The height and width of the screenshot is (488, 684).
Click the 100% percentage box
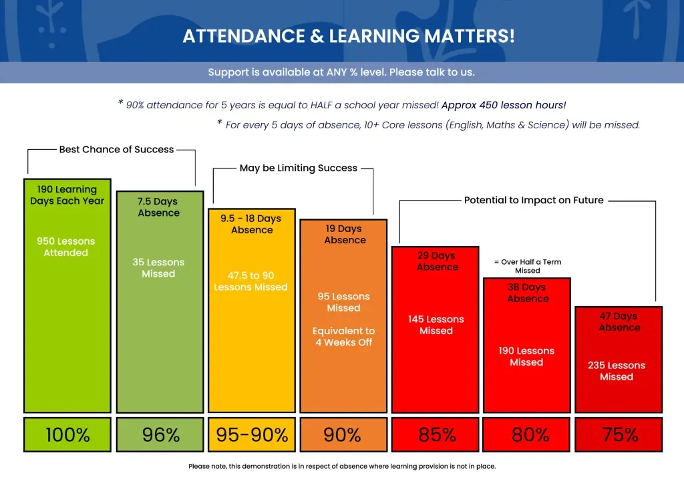point(67,435)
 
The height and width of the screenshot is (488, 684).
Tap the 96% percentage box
point(160,435)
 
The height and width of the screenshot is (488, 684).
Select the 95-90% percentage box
point(252,435)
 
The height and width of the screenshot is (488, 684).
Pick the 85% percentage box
point(436,435)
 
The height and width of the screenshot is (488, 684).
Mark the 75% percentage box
point(619,435)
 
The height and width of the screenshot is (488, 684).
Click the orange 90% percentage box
point(343,435)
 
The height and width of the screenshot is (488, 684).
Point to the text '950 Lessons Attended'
point(66,247)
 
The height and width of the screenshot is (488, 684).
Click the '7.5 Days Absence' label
point(158,207)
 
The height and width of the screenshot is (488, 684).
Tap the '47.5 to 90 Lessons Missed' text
point(250,281)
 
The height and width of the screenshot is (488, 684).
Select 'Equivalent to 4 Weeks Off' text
point(343,336)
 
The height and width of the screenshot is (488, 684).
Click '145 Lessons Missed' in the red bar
point(436,325)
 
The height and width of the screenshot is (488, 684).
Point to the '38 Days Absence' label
point(527,293)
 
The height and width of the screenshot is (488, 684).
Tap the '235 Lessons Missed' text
point(617,371)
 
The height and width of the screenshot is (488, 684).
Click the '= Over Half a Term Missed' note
point(527,266)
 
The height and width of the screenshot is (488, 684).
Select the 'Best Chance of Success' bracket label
point(116,150)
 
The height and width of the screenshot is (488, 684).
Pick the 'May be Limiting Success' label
point(298,168)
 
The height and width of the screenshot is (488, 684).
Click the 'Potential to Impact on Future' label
point(534,200)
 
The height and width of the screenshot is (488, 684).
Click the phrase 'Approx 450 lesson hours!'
point(504,105)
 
